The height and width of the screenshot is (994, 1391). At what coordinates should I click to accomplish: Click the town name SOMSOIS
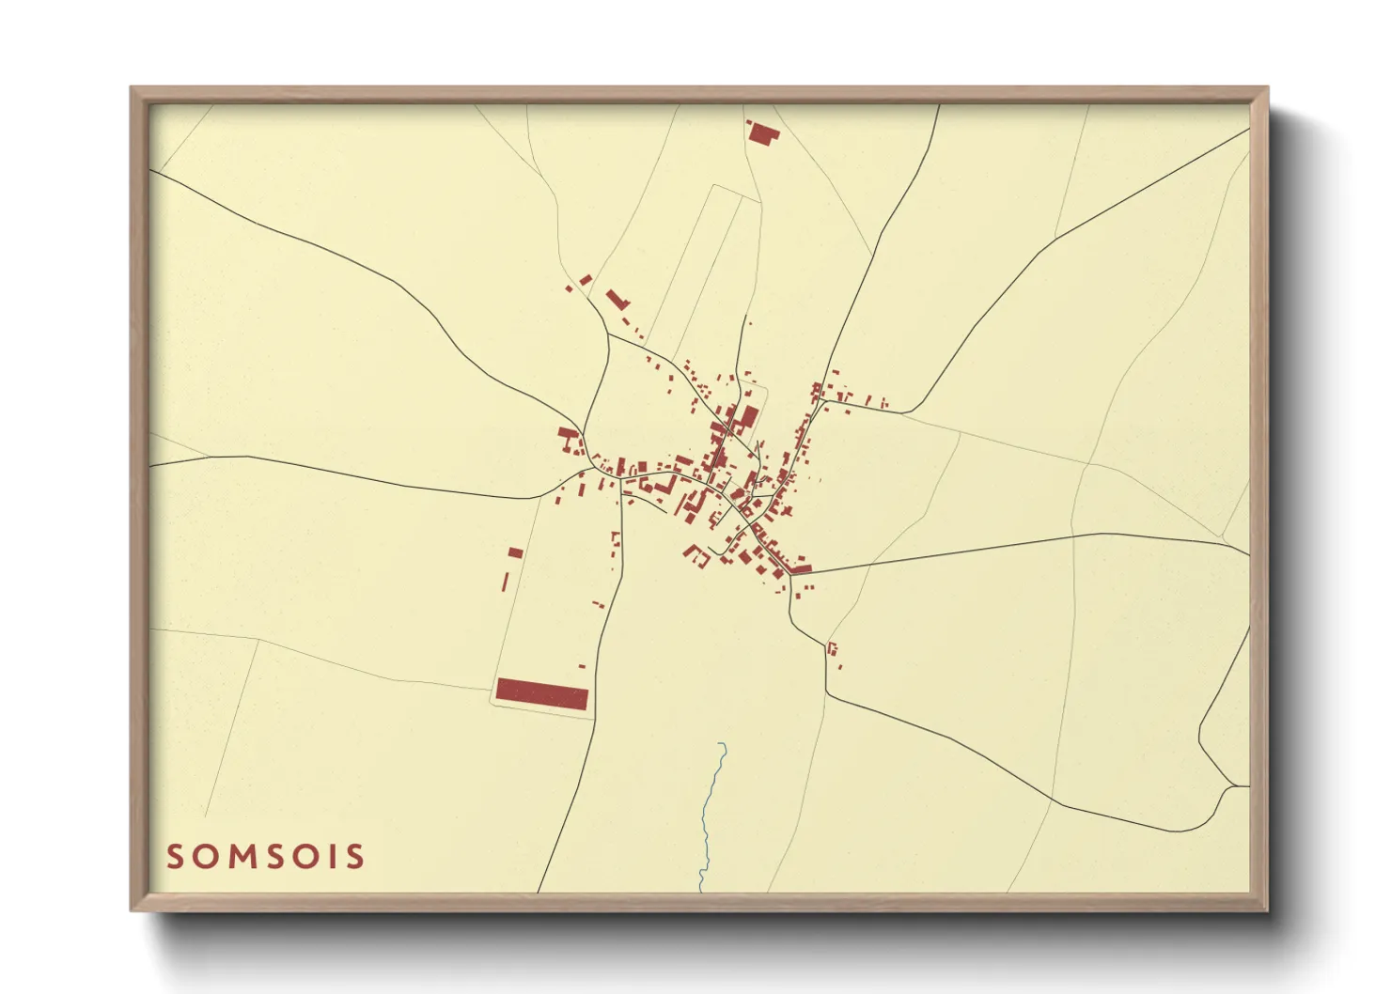click(x=266, y=856)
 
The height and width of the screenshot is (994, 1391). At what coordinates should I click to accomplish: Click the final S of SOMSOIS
click(x=354, y=856)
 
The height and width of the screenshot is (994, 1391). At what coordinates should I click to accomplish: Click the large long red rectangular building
click(x=541, y=694)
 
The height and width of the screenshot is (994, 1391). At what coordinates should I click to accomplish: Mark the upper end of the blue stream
click(x=720, y=744)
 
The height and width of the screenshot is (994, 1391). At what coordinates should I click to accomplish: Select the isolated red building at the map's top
click(x=762, y=132)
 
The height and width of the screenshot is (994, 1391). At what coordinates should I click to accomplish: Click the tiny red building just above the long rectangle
click(x=582, y=666)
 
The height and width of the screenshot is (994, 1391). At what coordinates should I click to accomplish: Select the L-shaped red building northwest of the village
click(x=616, y=300)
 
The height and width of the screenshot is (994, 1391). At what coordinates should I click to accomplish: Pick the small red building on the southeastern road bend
click(x=832, y=647)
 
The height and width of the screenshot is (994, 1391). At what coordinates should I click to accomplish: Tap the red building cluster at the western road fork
click(x=569, y=439)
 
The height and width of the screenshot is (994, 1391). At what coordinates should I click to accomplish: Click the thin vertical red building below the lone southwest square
click(x=505, y=582)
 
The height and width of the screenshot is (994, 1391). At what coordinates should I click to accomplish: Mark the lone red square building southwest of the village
click(x=514, y=553)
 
